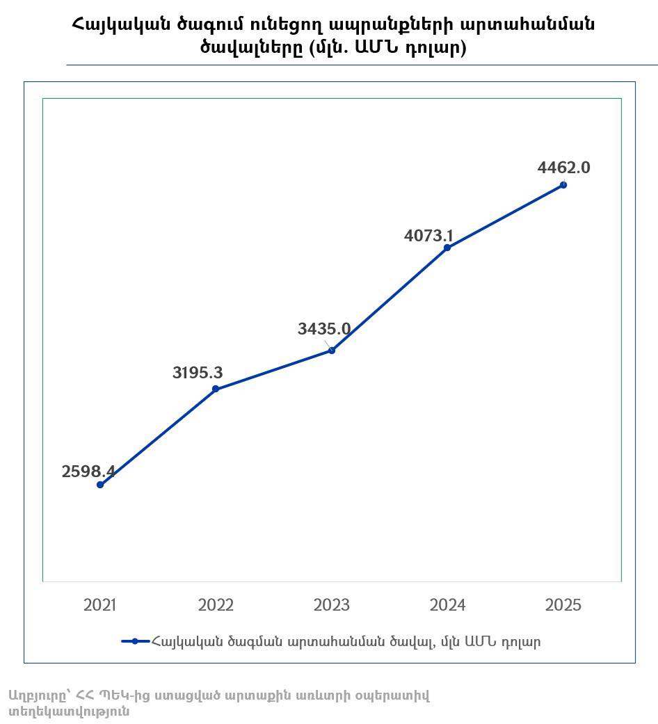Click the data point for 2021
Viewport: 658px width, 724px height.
(x=100, y=485)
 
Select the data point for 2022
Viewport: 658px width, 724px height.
(x=216, y=389)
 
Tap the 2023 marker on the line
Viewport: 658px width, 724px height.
(x=332, y=351)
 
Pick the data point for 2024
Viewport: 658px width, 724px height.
(x=447, y=248)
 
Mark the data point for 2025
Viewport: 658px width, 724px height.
(x=563, y=185)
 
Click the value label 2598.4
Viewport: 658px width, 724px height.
(x=88, y=472)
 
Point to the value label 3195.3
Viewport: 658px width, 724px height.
(x=198, y=373)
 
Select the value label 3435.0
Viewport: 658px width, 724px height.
(x=324, y=330)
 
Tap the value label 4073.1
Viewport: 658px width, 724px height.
(x=429, y=236)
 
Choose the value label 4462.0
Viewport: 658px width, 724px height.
(x=564, y=168)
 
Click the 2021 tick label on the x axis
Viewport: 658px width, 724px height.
(x=100, y=605)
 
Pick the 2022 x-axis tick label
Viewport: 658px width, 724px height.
(x=216, y=605)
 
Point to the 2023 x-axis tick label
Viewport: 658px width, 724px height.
(x=332, y=605)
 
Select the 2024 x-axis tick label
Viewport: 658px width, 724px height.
(x=447, y=605)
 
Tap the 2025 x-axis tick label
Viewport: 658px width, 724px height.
(x=563, y=605)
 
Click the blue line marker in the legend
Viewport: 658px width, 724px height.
(x=136, y=641)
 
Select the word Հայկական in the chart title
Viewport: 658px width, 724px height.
(x=119, y=24)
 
